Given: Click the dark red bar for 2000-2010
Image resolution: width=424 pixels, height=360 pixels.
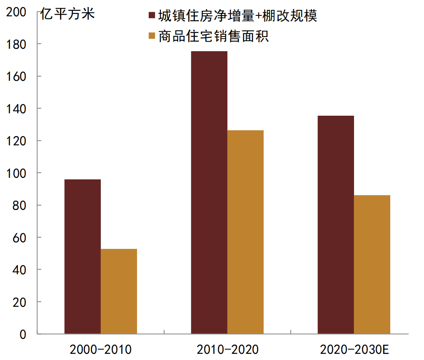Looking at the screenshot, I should click(x=82, y=256).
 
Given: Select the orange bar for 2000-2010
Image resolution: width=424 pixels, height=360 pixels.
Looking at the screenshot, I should click(x=119, y=291).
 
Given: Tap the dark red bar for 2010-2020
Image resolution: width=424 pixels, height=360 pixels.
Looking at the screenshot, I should click(x=209, y=192).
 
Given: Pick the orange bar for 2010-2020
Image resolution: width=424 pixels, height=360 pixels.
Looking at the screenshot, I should click(x=245, y=232).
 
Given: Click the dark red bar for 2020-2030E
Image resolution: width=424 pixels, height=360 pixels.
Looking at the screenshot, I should click(x=336, y=225).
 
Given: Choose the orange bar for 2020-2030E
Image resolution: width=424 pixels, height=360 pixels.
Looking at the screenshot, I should click(x=372, y=264).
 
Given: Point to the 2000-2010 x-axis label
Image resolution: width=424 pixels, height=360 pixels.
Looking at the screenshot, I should click(x=101, y=349).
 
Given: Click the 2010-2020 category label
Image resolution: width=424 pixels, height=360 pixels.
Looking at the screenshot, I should click(x=227, y=349).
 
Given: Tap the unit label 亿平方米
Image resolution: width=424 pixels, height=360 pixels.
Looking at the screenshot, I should click(x=67, y=14).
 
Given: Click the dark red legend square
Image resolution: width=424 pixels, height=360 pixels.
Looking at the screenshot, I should click(x=152, y=16).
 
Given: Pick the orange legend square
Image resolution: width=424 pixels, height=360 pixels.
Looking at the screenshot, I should click(x=152, y=36).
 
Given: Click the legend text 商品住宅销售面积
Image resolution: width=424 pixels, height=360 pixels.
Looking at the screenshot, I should click(x=214, y=36).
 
